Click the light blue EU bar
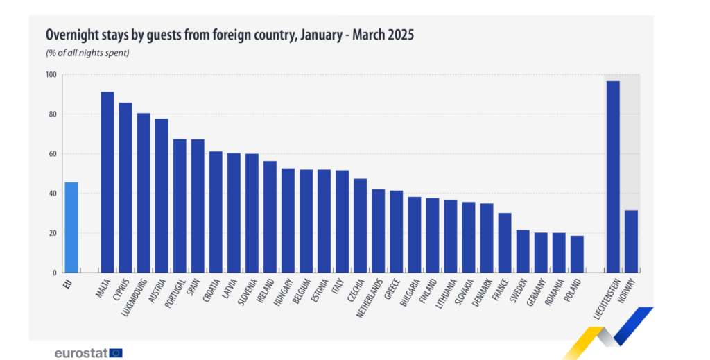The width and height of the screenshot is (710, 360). pos(71,228)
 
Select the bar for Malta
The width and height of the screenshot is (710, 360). pos(107,182)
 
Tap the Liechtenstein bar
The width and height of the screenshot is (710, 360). pos(613,177)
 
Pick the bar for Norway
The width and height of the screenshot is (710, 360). pos(631,241)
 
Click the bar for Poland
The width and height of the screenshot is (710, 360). pos(577,254)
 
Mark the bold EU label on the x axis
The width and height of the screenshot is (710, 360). pos(68,284)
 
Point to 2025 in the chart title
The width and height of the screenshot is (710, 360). pos(400,34)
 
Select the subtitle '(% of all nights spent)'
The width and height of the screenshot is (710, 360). pos(87,53)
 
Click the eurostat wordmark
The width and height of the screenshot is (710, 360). pos(81,352)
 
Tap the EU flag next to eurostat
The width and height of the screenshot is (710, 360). pos(116,352)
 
